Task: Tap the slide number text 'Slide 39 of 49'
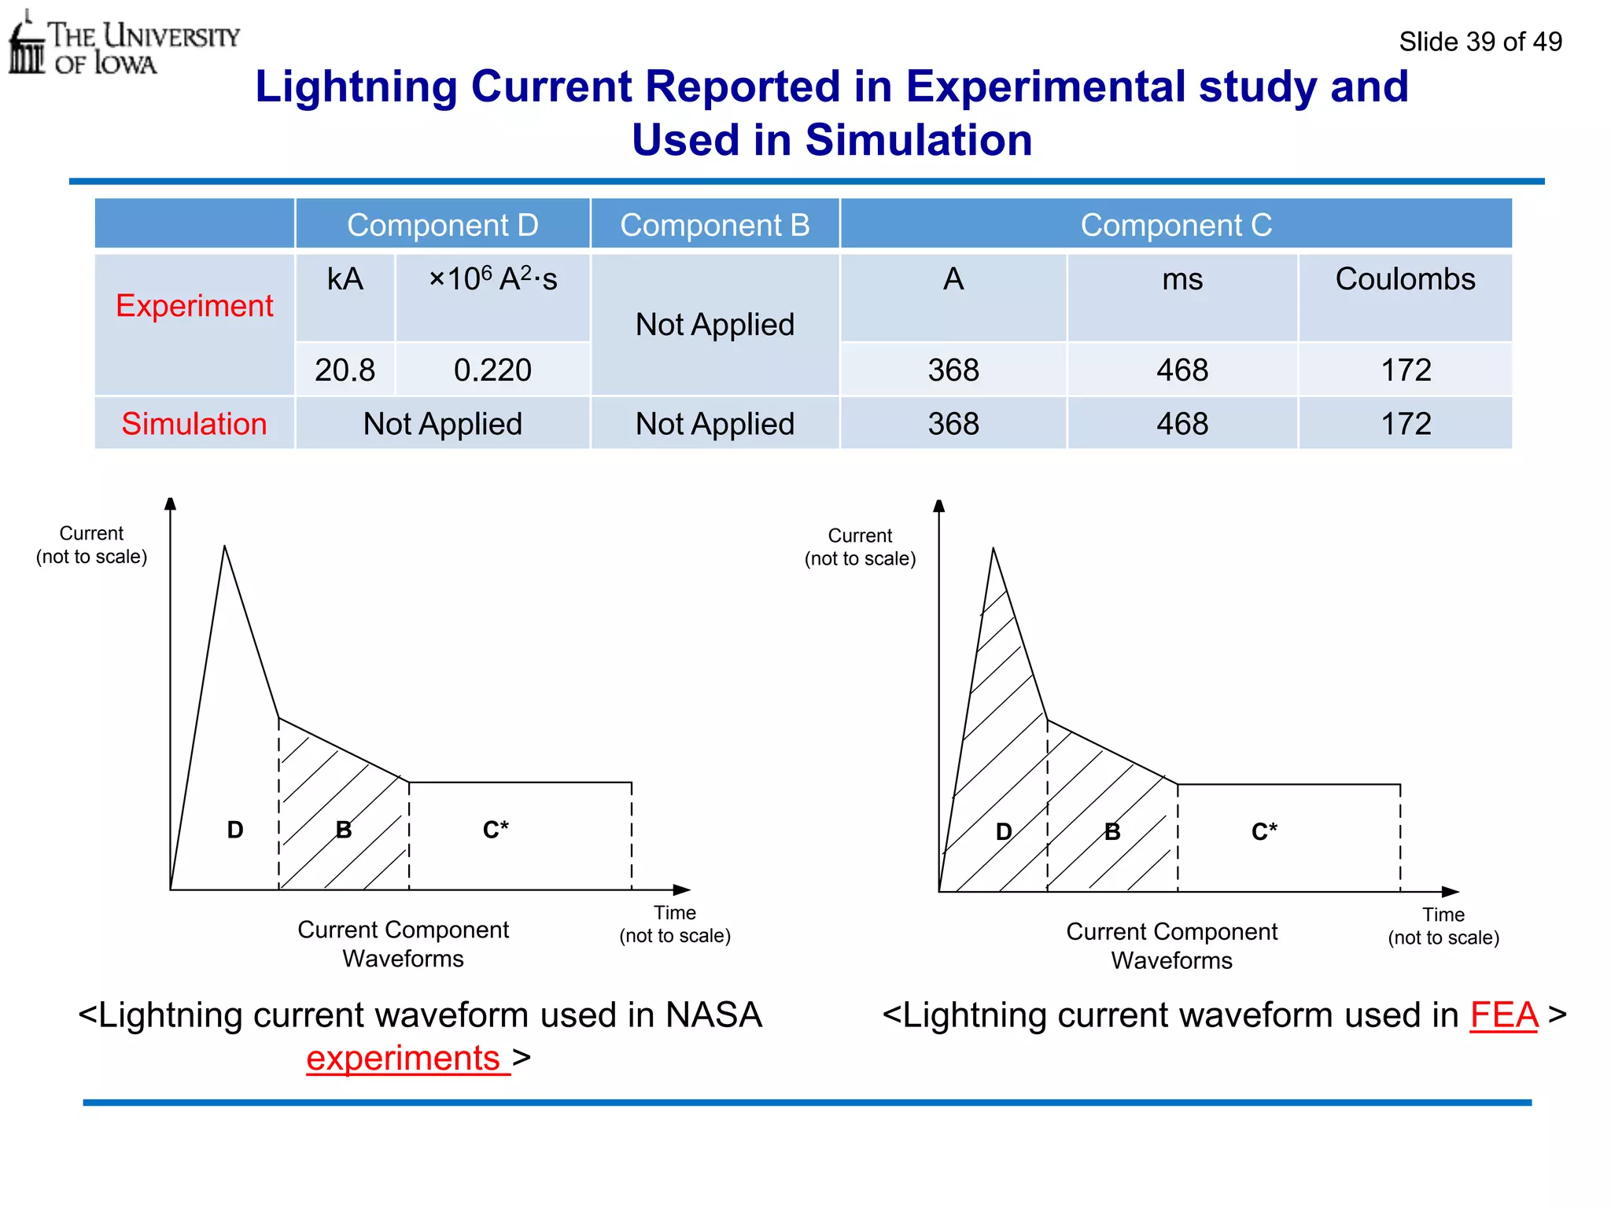click(1480, 42)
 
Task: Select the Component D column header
click(442, 225)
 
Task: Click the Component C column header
click(1175, 225)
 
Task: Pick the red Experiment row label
click(194, 306)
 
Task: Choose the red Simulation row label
click(194, 424)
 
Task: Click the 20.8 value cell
click(345, 370)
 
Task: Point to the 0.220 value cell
click(492, 370)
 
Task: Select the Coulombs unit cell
click(1405, 279)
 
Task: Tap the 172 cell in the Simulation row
click(1406, 424)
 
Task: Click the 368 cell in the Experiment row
click(953, 370)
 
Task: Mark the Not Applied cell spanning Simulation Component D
click(442, 424)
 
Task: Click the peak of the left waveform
click(225, 547)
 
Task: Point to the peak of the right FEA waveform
click(994, 550)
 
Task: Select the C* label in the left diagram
click(496, 830)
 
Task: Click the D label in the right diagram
click(1004, 832)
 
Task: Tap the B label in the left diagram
click(344, 830)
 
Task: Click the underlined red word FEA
click(1503, 1015)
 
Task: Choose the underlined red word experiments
click(404, 1059)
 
